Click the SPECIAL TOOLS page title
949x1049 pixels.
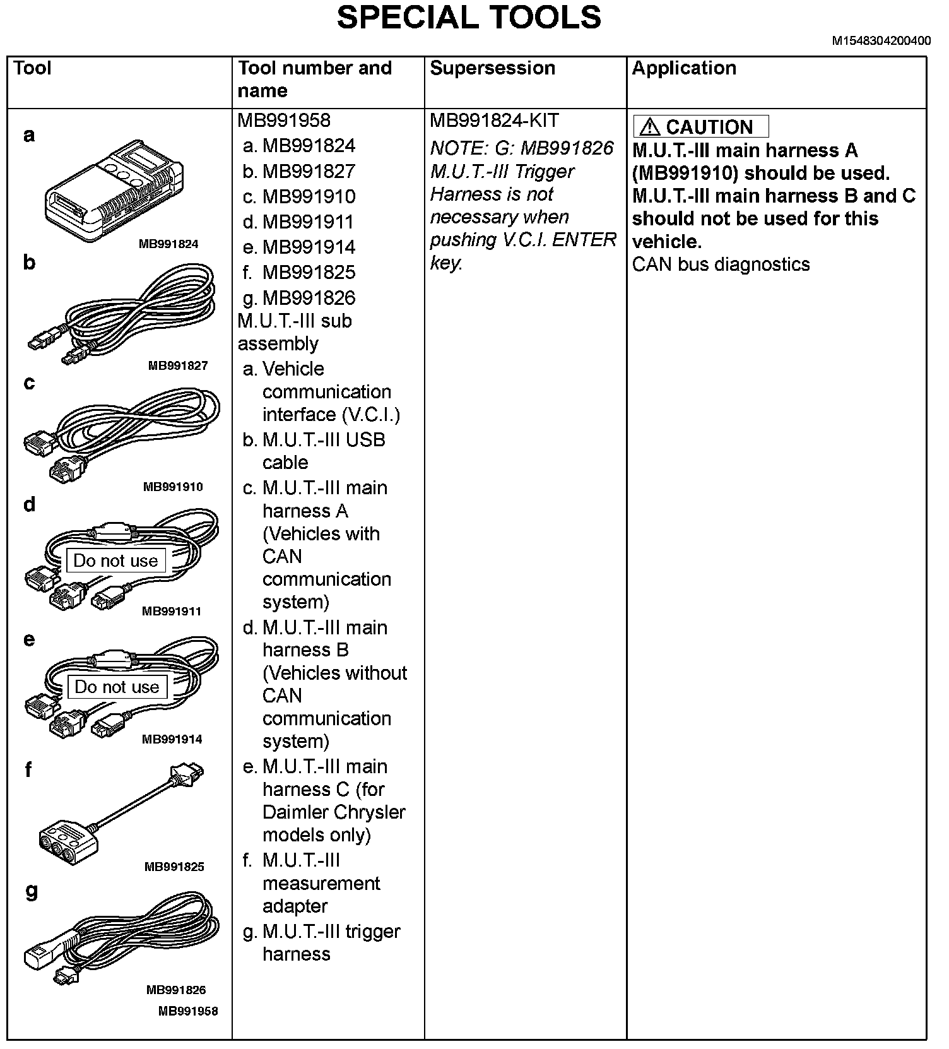click(x=468, y=18)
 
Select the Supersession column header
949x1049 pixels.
click(x=492, y=68)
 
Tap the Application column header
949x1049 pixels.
click(x=683, y=68)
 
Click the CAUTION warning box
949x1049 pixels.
click(x=700, y=127)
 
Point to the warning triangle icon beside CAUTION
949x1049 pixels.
click(x=649, y=127)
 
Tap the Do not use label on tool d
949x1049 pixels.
click(x=115, y=560)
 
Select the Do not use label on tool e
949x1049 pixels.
click(x=117, y=687)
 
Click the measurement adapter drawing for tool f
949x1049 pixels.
click(x=120, y=814)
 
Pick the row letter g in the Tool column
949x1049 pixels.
click(x=31, y=891)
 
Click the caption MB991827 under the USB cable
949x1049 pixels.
click(x=178, y=365)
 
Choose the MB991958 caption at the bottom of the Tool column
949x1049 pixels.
click(x=188, y=1010)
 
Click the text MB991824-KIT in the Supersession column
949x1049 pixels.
click(x=493, y=121)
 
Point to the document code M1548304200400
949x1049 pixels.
click(x=881, y=41)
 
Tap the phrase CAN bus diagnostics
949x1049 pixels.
click(x=721, y=264)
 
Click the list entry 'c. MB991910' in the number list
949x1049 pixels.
click(x=300, y=197)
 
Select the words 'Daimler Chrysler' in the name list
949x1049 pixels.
click(x=334, y=812)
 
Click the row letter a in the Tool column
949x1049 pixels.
click(x=29, y=134)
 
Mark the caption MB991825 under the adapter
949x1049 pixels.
click(x=174, y=867)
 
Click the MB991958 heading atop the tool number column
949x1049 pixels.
click(x=284, y=121)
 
